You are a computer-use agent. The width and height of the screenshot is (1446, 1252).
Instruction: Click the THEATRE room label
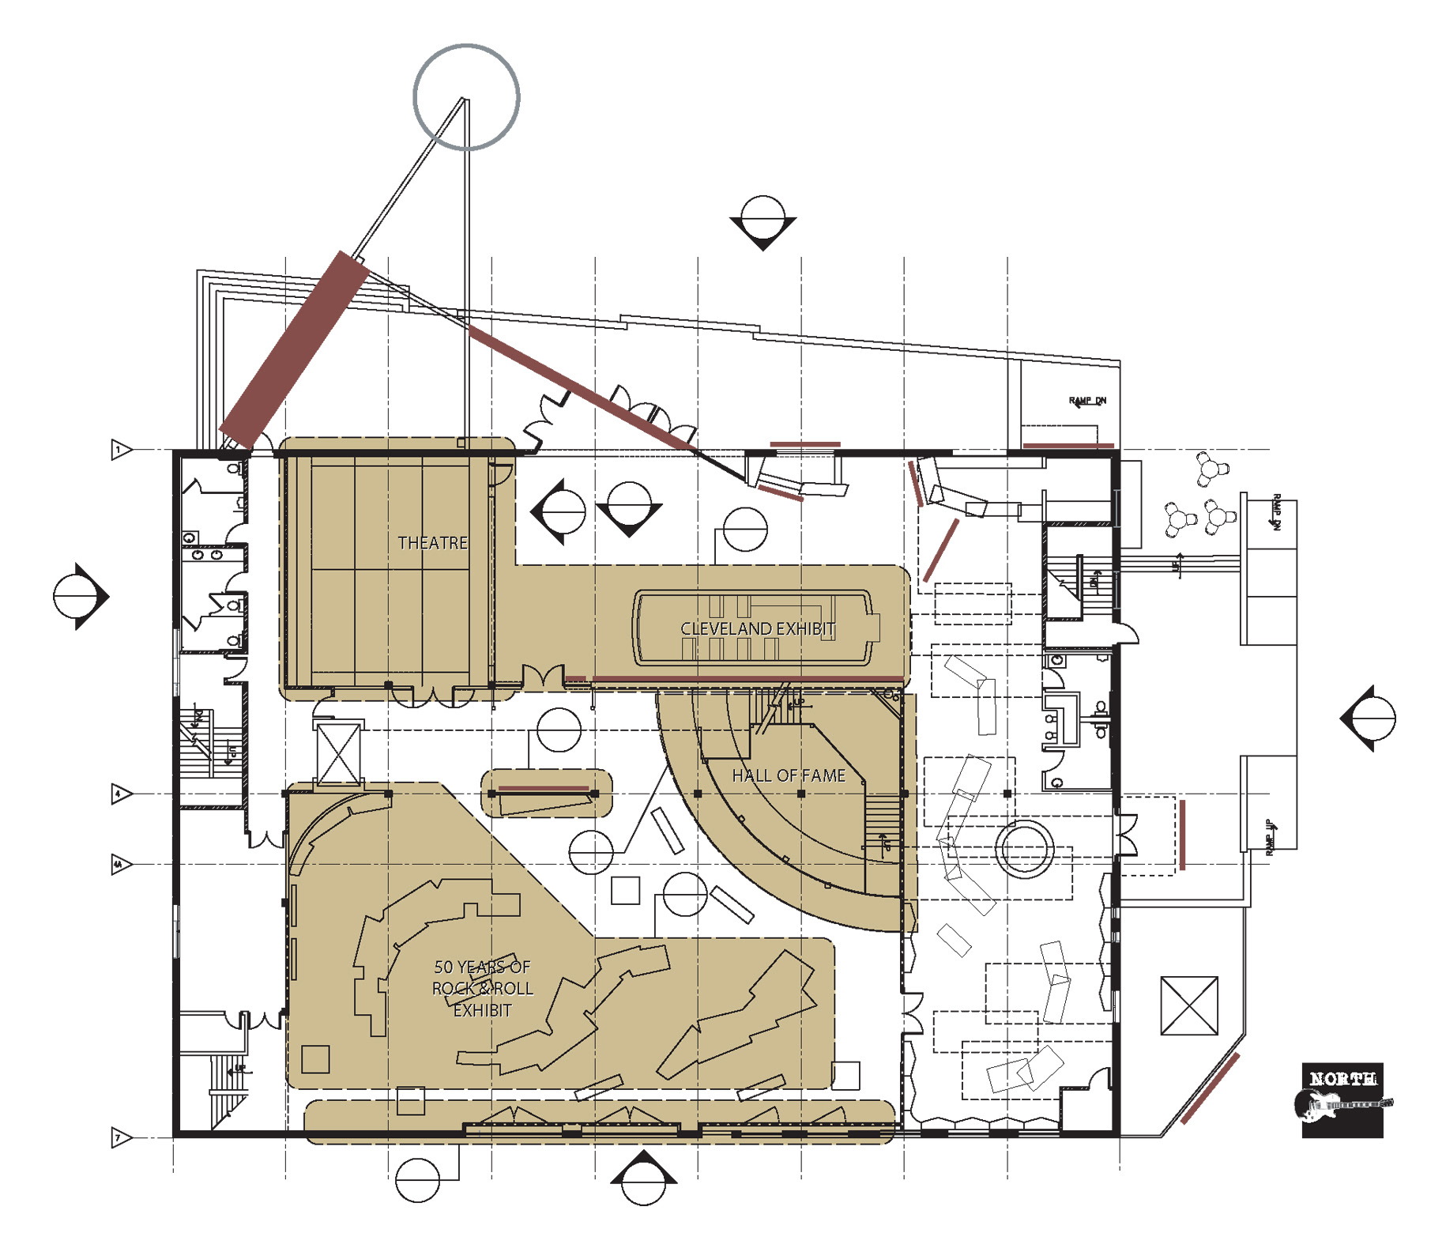click(432, 543)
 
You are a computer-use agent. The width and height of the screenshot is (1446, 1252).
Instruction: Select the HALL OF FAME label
click(788, 776)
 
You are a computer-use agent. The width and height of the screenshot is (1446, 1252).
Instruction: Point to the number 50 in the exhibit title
click(443, 967)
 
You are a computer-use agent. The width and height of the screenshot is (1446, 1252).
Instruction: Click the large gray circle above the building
click(466, 97)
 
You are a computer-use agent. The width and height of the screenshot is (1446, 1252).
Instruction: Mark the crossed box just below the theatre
click(338, 755)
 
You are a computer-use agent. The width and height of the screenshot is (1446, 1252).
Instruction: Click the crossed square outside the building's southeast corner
click(1188, 1005)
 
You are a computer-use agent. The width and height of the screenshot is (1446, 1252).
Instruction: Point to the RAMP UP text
click(1270, 837)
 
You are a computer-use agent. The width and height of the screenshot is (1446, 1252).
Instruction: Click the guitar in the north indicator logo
click(1342, 1104)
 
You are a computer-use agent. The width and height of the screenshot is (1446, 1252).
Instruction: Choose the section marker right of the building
click(1369, 718)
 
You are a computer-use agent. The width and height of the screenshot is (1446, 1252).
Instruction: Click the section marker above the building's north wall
click(763, 221)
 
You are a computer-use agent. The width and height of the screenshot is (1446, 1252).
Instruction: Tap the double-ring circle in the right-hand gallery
click(1025, 848)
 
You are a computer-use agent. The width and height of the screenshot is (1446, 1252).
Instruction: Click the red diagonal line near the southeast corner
click(1210, 1088)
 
